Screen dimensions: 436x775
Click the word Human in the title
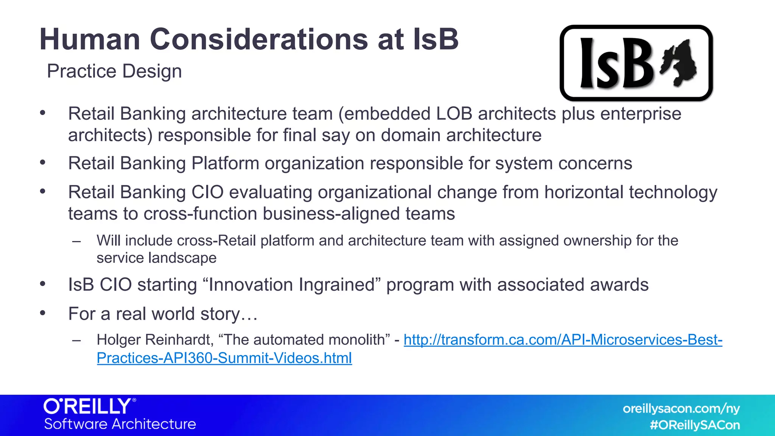coord(90,39)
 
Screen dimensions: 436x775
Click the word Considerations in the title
coord(259,39)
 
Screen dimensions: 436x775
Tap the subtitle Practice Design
coord(114,72)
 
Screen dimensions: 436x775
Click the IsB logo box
coord(636,63)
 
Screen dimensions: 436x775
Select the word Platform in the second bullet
coord(225,163)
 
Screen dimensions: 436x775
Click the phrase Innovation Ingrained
coord(291,285)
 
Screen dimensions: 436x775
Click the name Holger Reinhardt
coord(155,340)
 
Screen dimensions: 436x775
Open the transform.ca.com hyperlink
coord(563,340)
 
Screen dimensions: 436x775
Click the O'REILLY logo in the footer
coord(89,406)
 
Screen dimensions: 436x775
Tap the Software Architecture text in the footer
coord(120,424)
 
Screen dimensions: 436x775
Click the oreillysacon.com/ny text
coord(681,409)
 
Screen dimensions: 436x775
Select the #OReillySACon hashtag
coord(695,425)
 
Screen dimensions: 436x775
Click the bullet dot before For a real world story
coord(43,313)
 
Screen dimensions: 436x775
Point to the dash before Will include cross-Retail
coord(77,241)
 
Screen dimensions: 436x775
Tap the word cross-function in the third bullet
coord(200,214)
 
